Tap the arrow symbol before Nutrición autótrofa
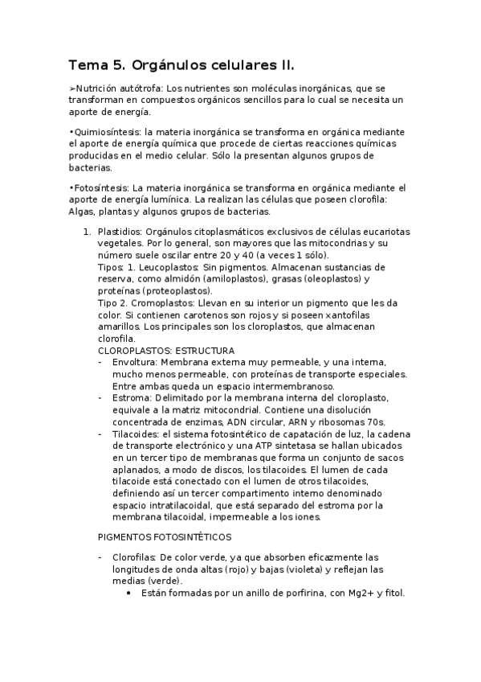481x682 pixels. tap(72, 88)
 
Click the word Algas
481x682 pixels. tap(84, 212)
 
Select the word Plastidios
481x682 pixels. tap(121, 232)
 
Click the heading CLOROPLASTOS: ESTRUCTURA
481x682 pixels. tap(166, 351)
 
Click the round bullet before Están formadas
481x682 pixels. tap(129, 594)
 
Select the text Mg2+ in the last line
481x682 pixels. tap(347, 594)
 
